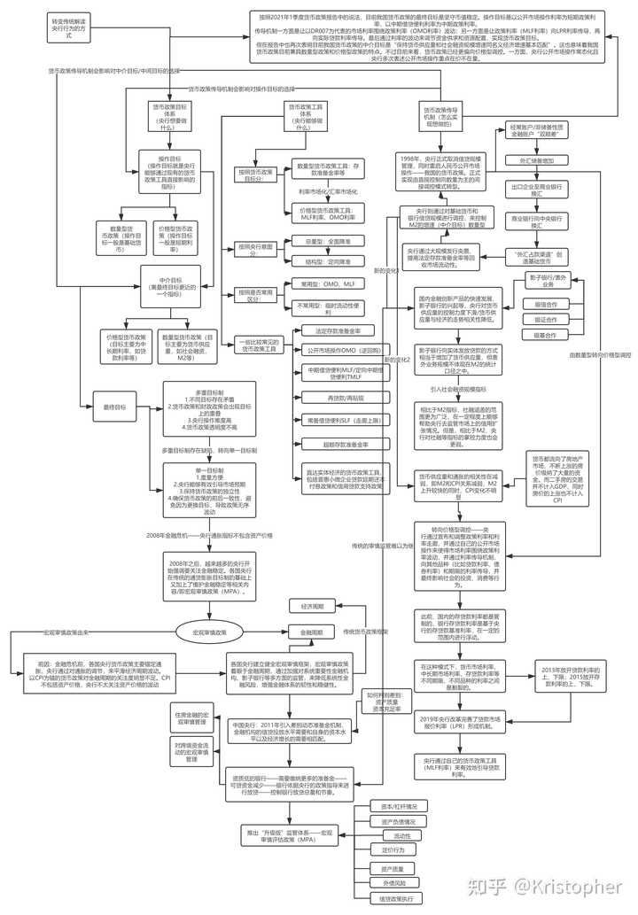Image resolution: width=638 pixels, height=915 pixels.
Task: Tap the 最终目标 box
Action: tap(115, 407)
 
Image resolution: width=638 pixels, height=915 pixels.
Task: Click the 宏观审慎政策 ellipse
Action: tap(203, 632)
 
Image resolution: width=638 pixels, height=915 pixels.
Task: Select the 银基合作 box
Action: tap(552, 336)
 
